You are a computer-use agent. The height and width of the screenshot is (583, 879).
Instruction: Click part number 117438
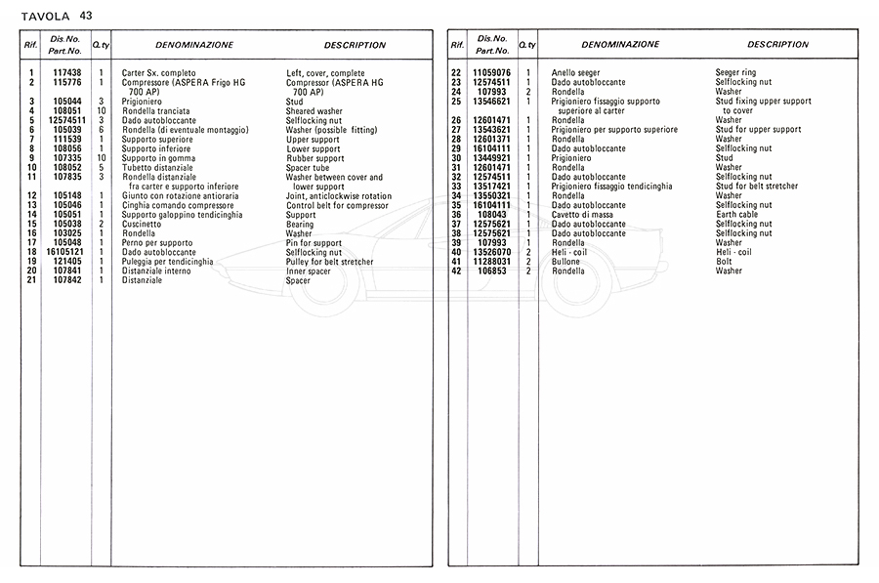tap(66, 73)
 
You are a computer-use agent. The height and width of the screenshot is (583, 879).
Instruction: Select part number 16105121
tap(66, 252)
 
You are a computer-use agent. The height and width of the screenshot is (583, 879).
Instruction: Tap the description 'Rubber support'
tap(314, 158)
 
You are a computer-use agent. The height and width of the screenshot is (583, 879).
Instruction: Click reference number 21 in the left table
tap(31, 280)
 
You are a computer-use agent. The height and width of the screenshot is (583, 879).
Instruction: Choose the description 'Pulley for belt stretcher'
tap(329, 262)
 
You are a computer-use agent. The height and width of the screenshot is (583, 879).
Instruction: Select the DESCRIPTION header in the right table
tap(777, 45)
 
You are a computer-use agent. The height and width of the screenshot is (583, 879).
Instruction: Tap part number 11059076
tap(491, 73)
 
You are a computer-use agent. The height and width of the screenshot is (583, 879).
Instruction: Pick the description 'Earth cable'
tap(738, 214)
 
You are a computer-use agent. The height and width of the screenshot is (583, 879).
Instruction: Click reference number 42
tap(455, 271)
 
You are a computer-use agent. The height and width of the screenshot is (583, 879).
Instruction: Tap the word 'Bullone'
tap(567, 262)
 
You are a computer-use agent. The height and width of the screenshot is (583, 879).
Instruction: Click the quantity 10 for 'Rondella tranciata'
tap(101, 111)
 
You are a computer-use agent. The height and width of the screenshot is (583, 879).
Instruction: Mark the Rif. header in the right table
tap(456, 45)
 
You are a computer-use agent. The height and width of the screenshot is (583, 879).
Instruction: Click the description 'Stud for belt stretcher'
tap(756, 187)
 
